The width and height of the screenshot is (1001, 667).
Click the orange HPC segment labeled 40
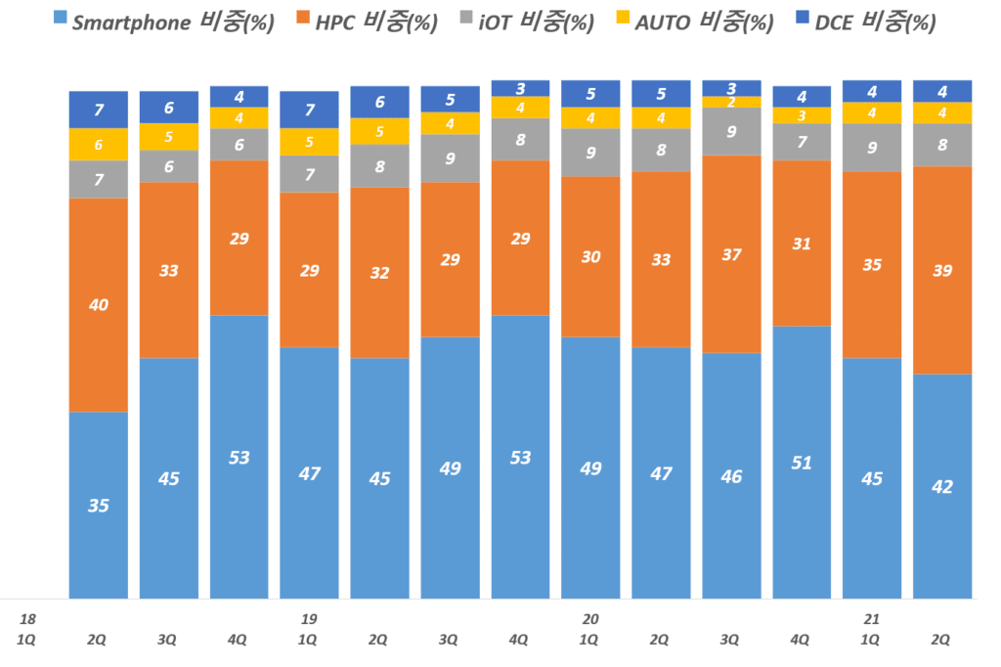tap(99, 305)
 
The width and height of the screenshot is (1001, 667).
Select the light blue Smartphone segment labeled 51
tap(802, 462)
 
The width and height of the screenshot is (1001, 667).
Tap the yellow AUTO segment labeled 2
tap(731, 102)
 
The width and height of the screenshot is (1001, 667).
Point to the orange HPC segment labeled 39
tap(942, 270)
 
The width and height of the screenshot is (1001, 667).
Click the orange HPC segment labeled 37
tap(731, 254)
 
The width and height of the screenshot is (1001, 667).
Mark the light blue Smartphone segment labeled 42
tap(942, 486)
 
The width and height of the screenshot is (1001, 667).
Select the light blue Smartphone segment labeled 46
tap(731, 475)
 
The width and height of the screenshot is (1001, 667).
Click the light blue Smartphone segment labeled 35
tap(99, 505)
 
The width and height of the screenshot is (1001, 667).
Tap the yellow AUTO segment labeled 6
tap(99, 145)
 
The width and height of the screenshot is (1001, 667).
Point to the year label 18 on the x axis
tap(28, 619)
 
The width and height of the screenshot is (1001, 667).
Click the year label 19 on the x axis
tap(309, 619)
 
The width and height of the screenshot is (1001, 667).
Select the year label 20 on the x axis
tap(590, 619)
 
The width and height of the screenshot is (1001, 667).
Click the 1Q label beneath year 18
tap(28, 640)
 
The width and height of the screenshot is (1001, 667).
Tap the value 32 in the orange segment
tap(379, 273)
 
